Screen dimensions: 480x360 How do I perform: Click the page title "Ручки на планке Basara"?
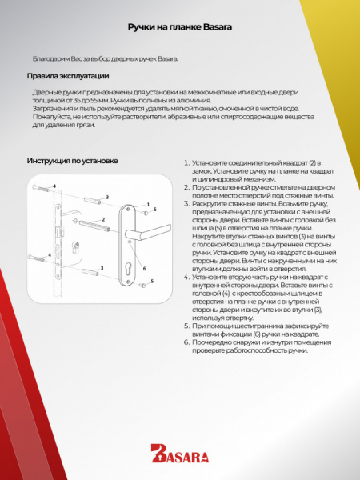coord(179,26)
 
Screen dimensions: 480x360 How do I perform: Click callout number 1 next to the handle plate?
coord(147,205)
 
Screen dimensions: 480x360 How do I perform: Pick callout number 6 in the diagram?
coord(144,268)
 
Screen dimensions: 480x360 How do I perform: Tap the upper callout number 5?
coord(154,209)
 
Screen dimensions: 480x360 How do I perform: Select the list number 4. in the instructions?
coord(186,277)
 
